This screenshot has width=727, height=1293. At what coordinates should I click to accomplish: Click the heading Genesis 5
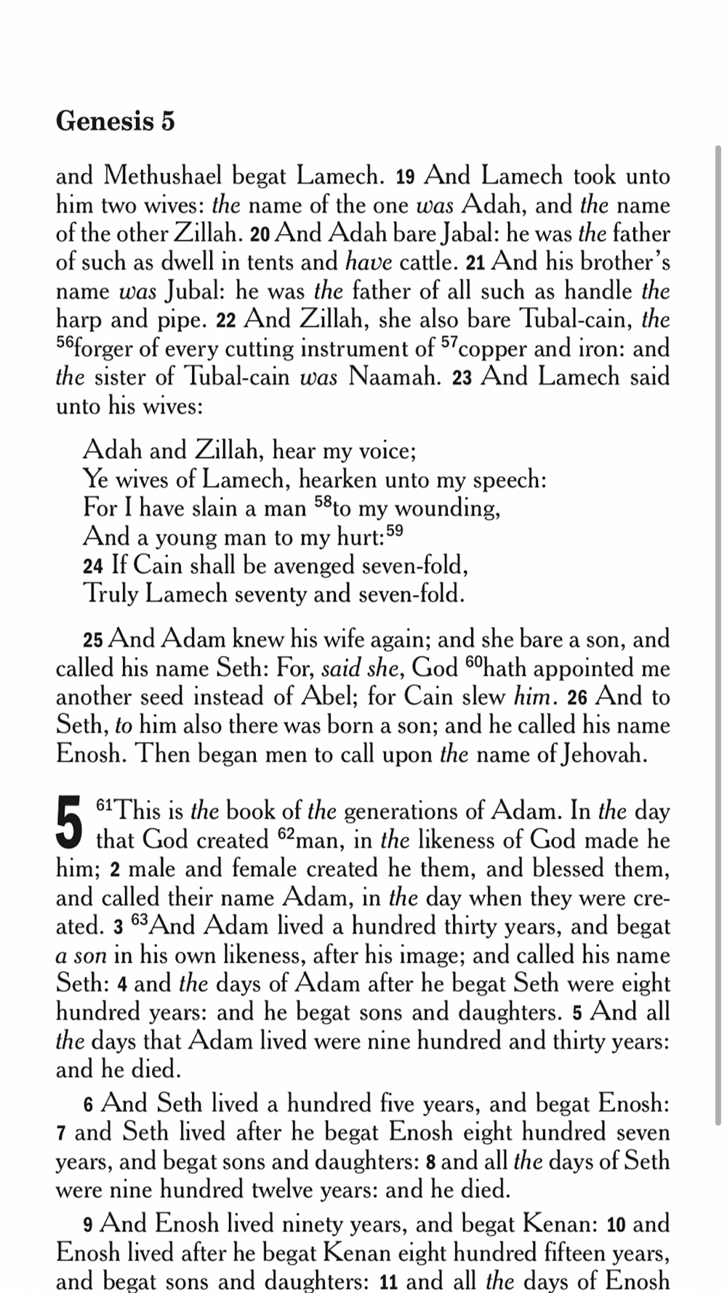point(115,121)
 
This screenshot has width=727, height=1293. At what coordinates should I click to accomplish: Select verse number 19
point(405,177)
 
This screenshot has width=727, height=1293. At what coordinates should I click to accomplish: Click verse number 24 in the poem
point(93,567)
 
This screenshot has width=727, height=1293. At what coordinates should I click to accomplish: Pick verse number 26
point(577,698)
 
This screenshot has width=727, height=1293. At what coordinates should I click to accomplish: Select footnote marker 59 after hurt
point(395,532)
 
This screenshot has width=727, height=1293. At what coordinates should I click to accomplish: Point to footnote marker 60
point(473,662)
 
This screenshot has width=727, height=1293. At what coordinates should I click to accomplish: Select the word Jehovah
point(603,754)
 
